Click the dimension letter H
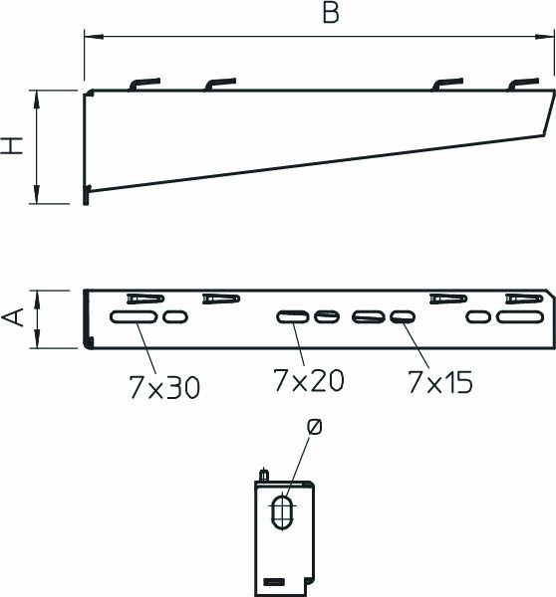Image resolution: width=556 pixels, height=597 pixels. (13, 146)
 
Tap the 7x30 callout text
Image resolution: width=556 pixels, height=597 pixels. (164, 387)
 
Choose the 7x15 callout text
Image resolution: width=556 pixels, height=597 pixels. (440, 380)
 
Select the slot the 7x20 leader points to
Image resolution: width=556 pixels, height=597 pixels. (293, 317)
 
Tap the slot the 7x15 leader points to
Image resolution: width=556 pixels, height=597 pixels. (402, 317)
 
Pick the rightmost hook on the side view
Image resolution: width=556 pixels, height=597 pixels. (523, 85)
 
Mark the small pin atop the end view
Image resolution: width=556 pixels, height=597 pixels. (263, 475)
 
